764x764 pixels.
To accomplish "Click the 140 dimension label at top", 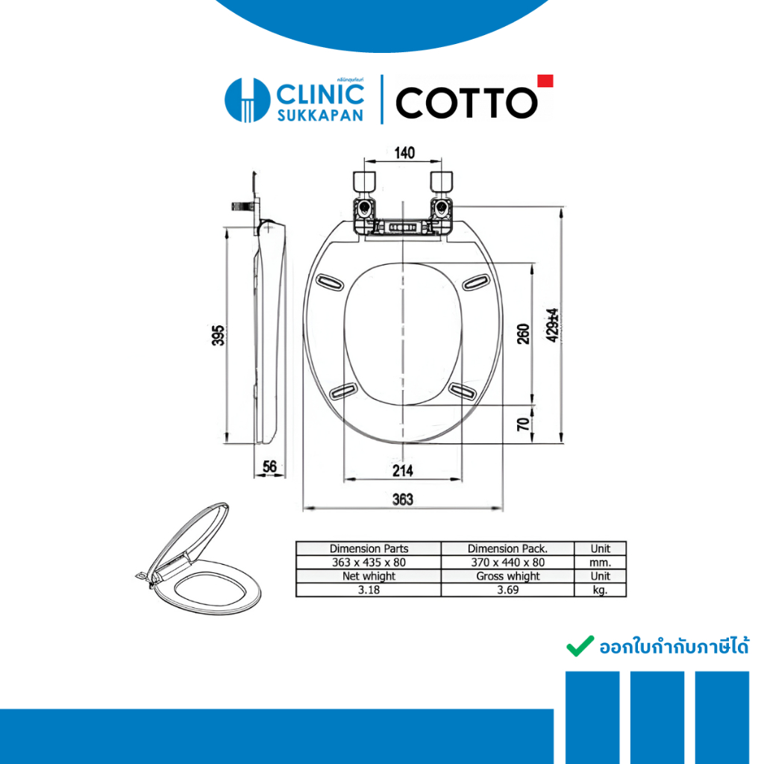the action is click(404, 152).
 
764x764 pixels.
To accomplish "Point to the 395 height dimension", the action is click(219, 335).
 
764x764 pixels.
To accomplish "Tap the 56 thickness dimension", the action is click(269, 466).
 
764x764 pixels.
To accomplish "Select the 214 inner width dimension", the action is click(403, 470).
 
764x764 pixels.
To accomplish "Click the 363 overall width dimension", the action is click(403, 499).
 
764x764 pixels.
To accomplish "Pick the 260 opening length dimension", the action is click(523, 334).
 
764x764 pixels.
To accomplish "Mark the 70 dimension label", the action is click(523, 424).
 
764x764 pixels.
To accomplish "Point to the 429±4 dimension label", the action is click(552, 325).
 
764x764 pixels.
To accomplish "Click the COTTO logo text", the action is click(466, 103).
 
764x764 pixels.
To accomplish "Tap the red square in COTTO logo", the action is click(545, 81).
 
